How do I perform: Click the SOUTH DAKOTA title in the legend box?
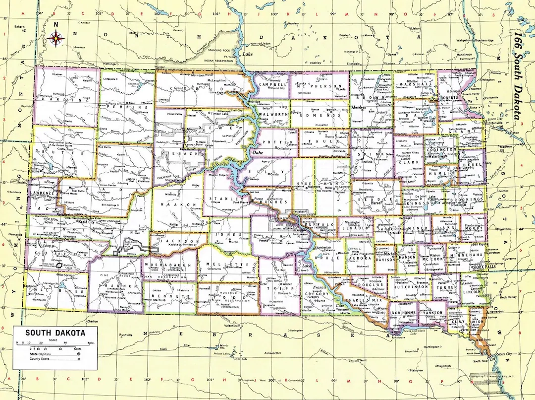tap(55, 333)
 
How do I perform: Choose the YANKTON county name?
tap(430, 313)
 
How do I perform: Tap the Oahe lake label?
tap(258, 153)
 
